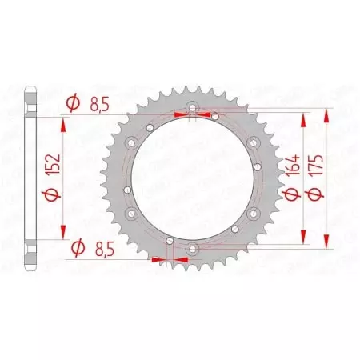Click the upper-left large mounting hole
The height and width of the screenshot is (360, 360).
coord(129,144)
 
